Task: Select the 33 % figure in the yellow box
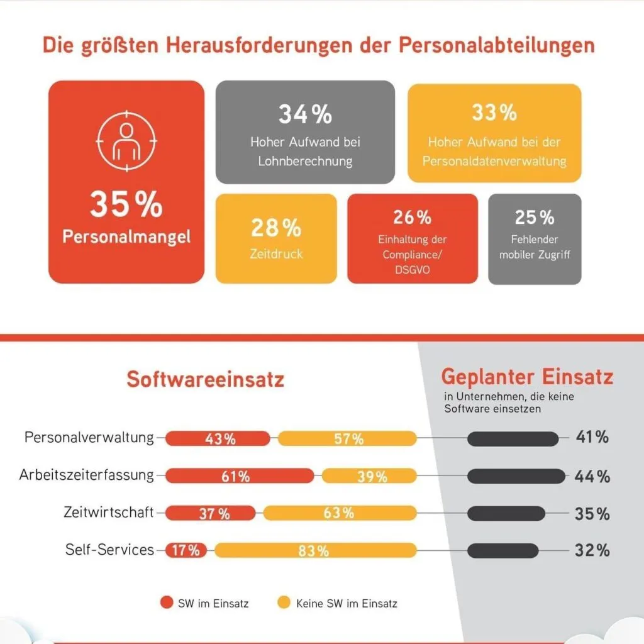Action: pos(494,113)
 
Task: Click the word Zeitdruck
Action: pos(276,254)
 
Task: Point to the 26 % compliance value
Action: pos(412,218)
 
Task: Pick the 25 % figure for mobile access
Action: pos(535,218)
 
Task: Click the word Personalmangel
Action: pos(126,237)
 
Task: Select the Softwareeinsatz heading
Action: pos(205,380)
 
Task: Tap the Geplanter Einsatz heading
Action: pos(527,377)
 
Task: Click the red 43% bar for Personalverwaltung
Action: pos(218,439)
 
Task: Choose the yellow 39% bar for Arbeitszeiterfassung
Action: pos(369,476)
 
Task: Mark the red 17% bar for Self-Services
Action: pos(186,550)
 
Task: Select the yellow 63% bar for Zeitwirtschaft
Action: pos(340,513)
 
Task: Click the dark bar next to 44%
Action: pos(516,476)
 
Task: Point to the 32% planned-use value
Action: pos(592,550)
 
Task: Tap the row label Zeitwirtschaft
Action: pos(109,513)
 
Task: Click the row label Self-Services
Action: pos(109,550)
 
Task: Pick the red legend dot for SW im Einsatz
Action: pos(167,603)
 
